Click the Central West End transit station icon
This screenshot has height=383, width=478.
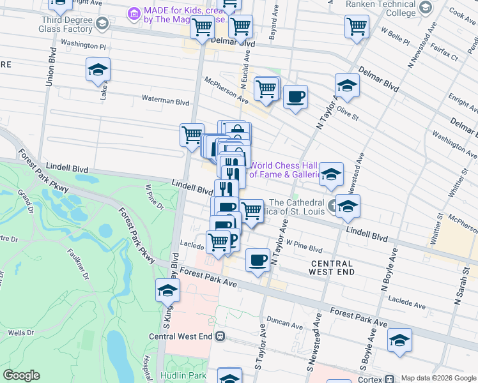point(220,336)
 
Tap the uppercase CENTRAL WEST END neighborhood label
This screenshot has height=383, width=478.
point(332,268)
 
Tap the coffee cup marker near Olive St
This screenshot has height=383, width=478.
point(295,97)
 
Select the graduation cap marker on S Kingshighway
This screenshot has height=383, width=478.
point(167,290)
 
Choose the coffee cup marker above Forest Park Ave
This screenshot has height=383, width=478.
point(258,260)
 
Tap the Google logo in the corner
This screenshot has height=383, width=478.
point(21,375)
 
